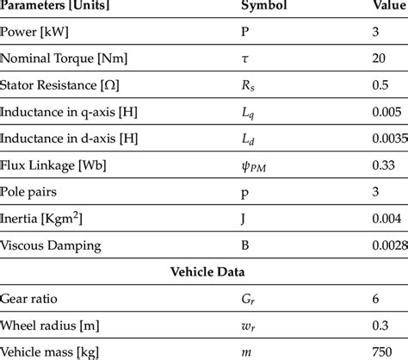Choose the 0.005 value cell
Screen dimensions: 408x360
[378, 112]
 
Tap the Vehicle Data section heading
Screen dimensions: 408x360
[205, 271]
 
